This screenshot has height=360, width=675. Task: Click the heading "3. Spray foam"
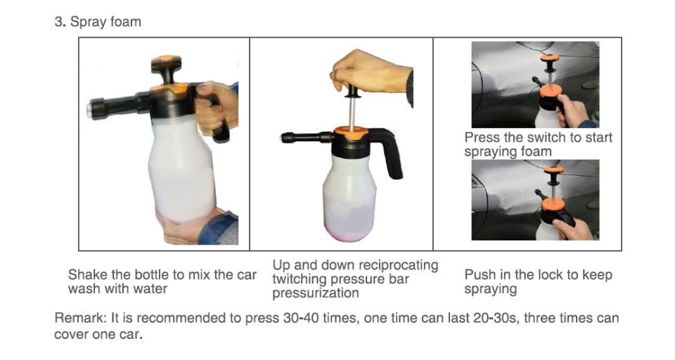pos(98,22)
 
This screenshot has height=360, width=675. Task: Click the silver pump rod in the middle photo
pos(352,112)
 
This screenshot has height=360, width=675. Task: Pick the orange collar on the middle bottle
pos(352,133)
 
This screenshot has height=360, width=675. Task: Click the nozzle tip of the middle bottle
pos(285,138)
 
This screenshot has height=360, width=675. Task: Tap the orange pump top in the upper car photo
pos(549,57)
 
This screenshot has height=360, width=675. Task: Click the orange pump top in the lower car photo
pos(553,169)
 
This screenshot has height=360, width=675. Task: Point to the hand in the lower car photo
pos(574,229)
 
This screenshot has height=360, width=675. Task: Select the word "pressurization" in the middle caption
pos(316,293)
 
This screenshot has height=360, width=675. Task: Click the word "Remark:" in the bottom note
pos(80,319)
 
